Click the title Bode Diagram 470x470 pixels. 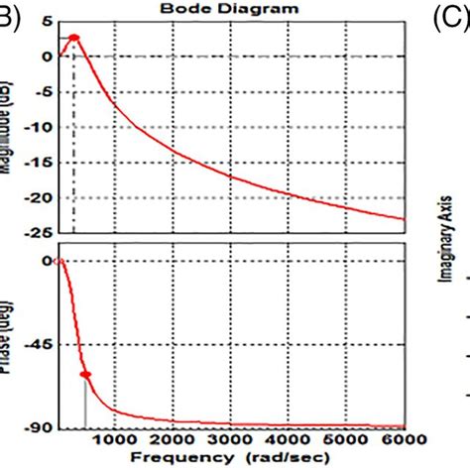pyautogui.click(x=232, y=8)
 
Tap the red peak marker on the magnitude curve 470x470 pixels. pyautogui.click(x=73, y=38)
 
